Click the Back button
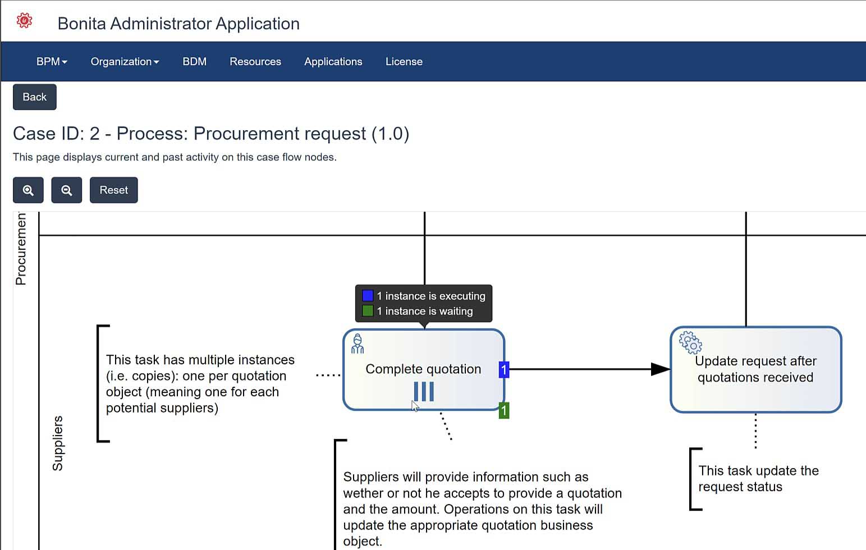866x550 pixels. point(34,97)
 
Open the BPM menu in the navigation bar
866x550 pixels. point(52,62)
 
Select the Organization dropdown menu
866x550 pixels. point(125,62)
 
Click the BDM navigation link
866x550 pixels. point(194,62)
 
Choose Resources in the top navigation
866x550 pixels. point(255,62)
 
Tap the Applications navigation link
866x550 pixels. point(333,62)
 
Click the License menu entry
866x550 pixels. point(404,62)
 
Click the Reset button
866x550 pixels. point(114,190)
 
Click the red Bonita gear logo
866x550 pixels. point(24,21)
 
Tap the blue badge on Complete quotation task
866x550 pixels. point(504,369)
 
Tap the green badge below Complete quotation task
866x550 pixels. point(504,410)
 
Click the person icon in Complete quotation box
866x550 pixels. point(357,343)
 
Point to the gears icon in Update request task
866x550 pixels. point(690,342)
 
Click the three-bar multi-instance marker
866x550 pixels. point(424,392)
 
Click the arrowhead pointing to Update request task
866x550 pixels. point(661,369)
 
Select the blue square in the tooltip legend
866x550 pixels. point(368,296)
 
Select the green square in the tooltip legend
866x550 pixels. point(368,311)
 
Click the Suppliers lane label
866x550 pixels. point(58,443)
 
